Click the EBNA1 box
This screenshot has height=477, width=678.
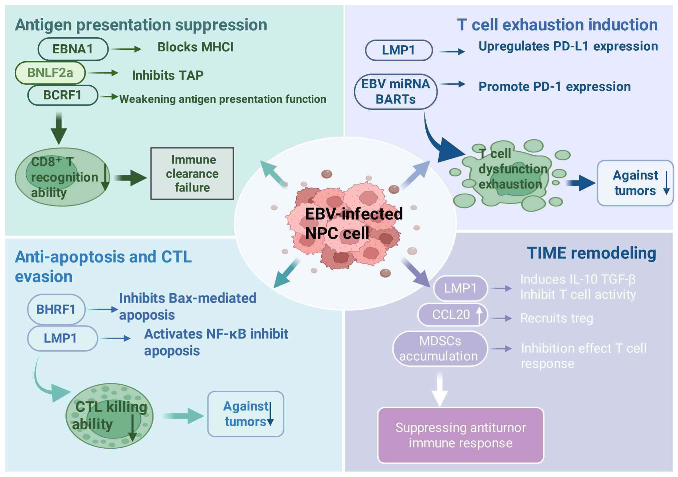(x=73, y=49)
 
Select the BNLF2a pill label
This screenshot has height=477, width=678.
(x=50, y=73)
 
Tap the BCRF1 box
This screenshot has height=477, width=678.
(x=62, y=95)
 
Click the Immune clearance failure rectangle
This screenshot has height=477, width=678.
(x=192, y=173)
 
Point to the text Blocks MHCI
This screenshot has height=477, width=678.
(x=195, y=47)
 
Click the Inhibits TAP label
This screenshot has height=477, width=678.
(x=167, y=75)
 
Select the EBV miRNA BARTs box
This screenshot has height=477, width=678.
(x=395, y=92)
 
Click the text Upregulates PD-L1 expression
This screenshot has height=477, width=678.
(x=568, y=46)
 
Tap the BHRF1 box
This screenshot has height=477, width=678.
(x=56, y=310)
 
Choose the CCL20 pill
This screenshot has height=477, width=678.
(x=452, y=315)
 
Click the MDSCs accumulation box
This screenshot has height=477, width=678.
(x=440, y=349)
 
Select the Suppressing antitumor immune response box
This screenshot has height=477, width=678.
(x=460, y=435)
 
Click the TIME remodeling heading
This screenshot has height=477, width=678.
(x=591, y=253)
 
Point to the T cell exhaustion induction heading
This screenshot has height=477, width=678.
(x=557, y=25)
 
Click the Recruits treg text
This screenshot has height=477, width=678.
(x=557, y=318)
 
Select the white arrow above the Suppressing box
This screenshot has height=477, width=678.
(x=440, y=389)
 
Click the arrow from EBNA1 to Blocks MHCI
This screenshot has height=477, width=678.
(x=126, y=49)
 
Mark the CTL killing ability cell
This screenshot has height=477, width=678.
(x=109, y=416)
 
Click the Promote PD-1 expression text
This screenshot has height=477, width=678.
(x=555, y=87)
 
